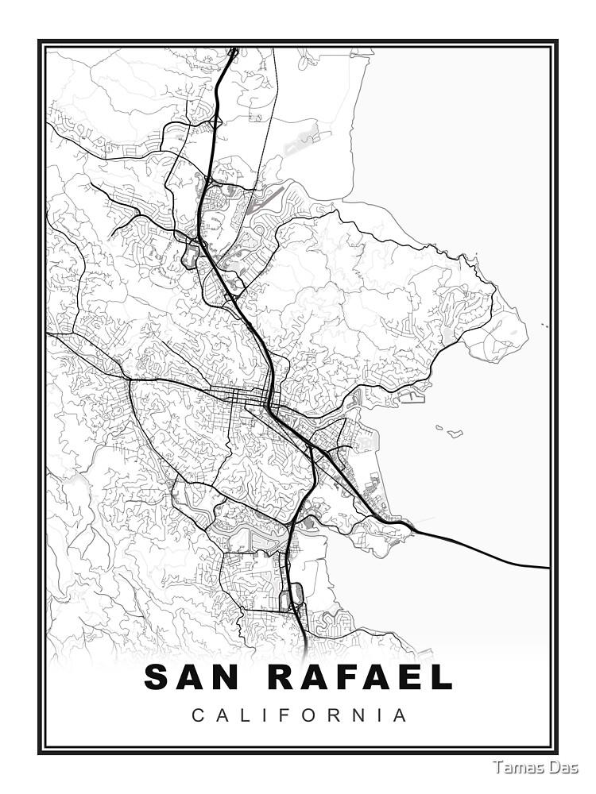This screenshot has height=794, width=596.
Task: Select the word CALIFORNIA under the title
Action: [x=300, y=715]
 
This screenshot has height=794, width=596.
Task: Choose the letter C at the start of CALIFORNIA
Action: [x=197, y=715]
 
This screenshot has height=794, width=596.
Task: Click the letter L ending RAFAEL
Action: [x=442, y=677]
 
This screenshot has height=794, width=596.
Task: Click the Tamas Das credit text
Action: [x=535, y=767]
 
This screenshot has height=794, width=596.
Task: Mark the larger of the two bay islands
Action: [x=455, y=434]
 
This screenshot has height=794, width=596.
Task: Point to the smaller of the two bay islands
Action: [x=439, y=427]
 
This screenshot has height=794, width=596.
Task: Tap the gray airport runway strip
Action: [x=302, y=145]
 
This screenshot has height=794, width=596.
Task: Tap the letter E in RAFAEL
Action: [x=410, y=677]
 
